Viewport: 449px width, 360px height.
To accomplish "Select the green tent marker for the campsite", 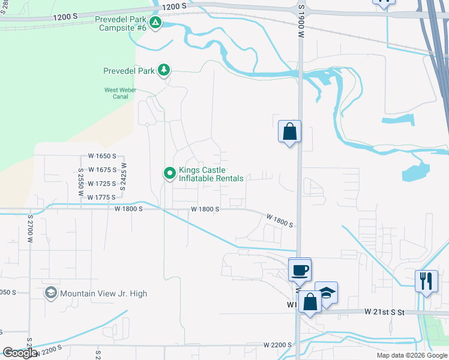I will (155, 23).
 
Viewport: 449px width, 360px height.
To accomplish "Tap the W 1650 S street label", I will (101, 156).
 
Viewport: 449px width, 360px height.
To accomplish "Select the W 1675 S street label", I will (101, 170).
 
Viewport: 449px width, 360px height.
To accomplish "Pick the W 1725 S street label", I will (101, 184).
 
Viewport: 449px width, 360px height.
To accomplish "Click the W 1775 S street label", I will (101, 197).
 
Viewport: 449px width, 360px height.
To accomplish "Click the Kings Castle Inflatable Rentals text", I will (211, 174).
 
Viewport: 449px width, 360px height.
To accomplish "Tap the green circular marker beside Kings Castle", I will (170, 173).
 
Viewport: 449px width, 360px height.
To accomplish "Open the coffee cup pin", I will (300, 269).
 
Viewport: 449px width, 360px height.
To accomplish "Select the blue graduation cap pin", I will (326, 293).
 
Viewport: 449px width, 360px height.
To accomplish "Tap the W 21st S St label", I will (385, 312).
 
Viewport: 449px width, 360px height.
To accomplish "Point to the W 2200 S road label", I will (277, 346).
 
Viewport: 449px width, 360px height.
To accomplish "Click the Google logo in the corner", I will (20, 353).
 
